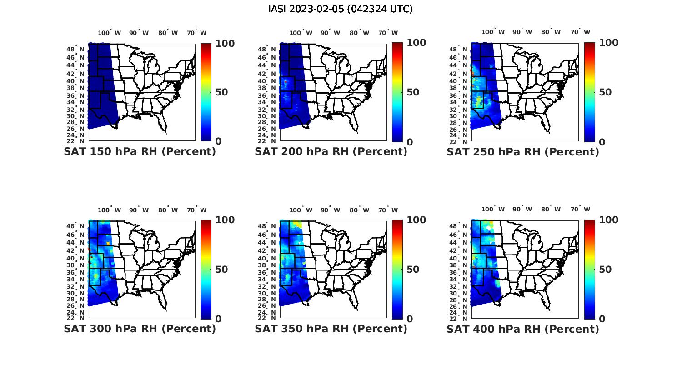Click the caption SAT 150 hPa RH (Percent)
click(140, 152)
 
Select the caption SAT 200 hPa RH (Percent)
click(331, 152)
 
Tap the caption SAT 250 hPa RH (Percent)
click(523, 152)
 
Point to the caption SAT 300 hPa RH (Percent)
click(140, 329)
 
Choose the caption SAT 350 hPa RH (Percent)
click(331, 329)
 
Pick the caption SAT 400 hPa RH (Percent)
click(523, 329)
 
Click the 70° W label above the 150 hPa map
click(196, 33)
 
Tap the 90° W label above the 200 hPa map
click(330, 33)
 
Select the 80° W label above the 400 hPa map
click(551, 210)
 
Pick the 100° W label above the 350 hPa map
click(301, 210)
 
